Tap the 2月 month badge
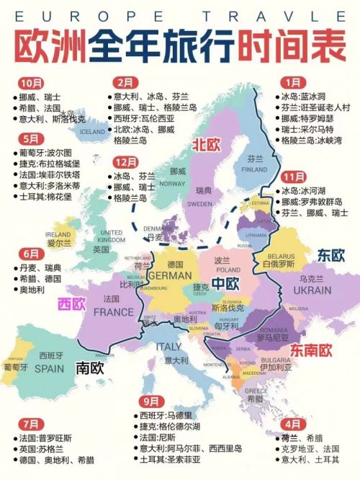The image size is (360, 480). coord(127,83)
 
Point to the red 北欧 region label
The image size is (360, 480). coord(204,145)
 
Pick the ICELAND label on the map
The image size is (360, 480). coord(92,132)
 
